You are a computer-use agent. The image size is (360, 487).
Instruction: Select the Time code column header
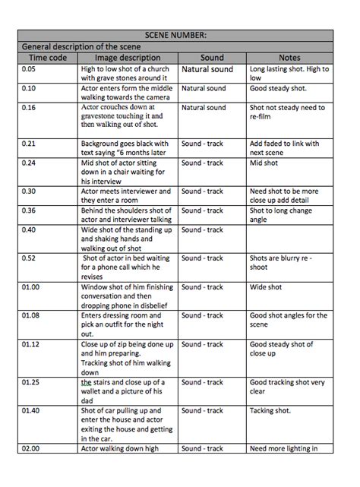pos(47,57)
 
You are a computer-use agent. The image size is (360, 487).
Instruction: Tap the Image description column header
pos(127,57)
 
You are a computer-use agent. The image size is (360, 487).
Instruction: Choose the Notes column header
pos(289,57)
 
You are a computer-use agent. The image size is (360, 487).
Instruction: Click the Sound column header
pos(212,57)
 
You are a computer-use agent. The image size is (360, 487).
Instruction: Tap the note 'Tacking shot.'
pos(271,410)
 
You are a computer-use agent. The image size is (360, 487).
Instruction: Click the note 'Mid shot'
pos(264,163)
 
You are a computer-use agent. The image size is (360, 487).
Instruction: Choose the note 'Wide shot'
pos(266,287)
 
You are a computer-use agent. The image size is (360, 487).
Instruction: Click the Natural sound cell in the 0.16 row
pos(203,108)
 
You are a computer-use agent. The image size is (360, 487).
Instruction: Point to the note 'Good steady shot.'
pos(278,88)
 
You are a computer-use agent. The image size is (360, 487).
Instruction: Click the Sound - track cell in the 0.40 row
pos(202,229)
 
